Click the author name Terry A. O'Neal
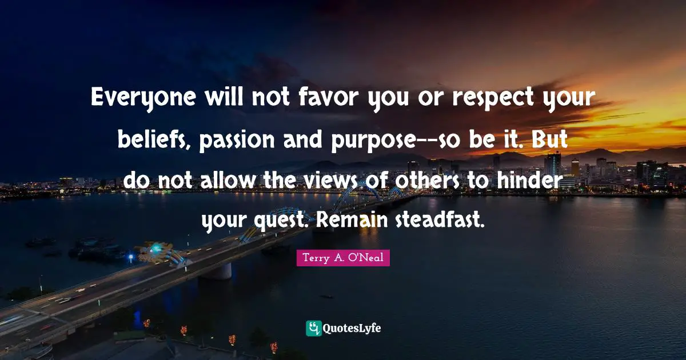(343, 258)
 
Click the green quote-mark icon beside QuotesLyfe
(314, 328)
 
